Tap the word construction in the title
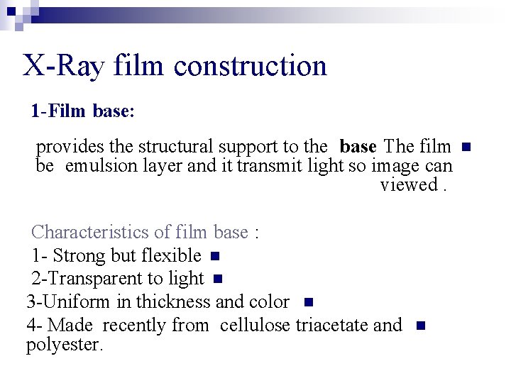click(x=250, y=66)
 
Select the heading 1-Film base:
click(x=82, y=111)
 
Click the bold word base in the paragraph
click(x=358, y=147)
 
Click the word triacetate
click(x=331, y=325)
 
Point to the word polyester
click(x=65, y=345)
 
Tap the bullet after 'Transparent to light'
click(x=218, y=279)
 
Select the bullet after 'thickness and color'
click(x=307, y=302)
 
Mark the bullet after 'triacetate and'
click(x=419, y=326)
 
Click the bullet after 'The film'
click(x=466, y=148)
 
